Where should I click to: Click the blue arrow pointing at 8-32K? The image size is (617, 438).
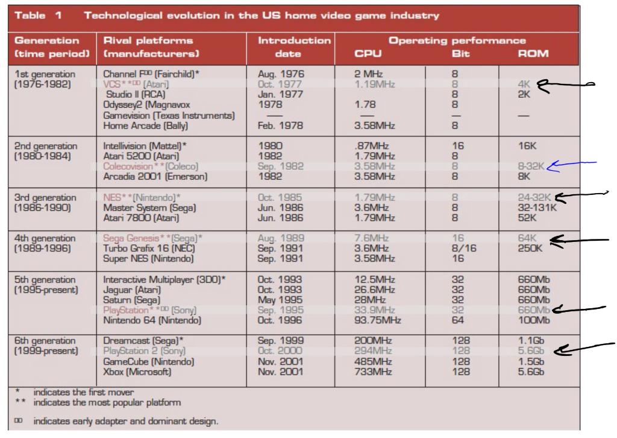[572, 167]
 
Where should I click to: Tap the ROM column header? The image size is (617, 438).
[533, 54]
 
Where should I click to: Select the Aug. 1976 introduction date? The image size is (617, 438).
[281, 74]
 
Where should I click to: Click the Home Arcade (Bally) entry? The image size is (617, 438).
[137, 126]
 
